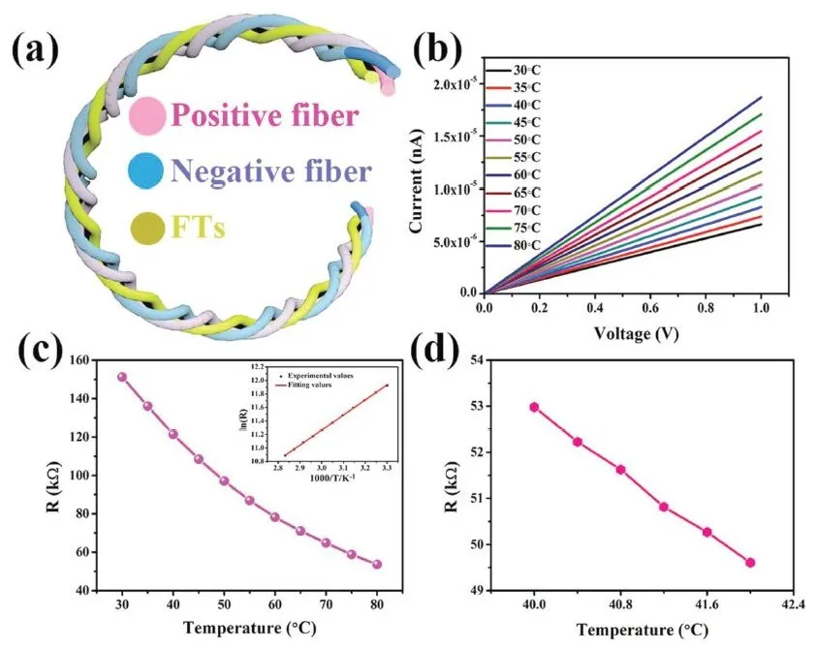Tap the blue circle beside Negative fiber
point(147,171)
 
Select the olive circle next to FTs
point(148,228)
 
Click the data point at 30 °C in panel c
point(122,377)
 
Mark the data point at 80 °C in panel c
point(377,565)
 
